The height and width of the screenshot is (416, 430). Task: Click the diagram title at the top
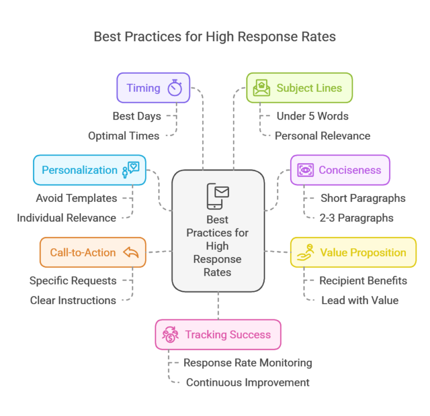click(214, 37)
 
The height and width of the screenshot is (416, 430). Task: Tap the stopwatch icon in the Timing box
click(175, 88)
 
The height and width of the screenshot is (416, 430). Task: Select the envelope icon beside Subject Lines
click(261, 88)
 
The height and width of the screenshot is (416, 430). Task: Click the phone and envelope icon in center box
click(218, 196)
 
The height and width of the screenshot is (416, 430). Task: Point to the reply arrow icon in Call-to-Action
click(130, 252)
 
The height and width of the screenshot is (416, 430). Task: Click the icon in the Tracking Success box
click(170, 334)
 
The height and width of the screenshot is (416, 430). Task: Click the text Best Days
click(137, 116)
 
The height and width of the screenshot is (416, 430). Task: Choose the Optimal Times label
click(124, 136)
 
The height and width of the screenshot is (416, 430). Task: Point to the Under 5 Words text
click(312, 116)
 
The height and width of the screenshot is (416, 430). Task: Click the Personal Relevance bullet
click(323, 136)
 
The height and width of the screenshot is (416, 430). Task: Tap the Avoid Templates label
click(77, 198)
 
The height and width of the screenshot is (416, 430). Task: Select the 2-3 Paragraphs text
click(357, 218)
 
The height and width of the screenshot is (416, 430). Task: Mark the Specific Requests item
click(73, 281)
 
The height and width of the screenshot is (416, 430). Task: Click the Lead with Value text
click(359, 300)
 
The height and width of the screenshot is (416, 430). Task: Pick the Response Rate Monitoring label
click(247, 363)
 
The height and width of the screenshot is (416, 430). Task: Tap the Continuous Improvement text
click(247, 382)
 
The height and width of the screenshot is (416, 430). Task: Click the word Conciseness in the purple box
click(349, 170)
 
